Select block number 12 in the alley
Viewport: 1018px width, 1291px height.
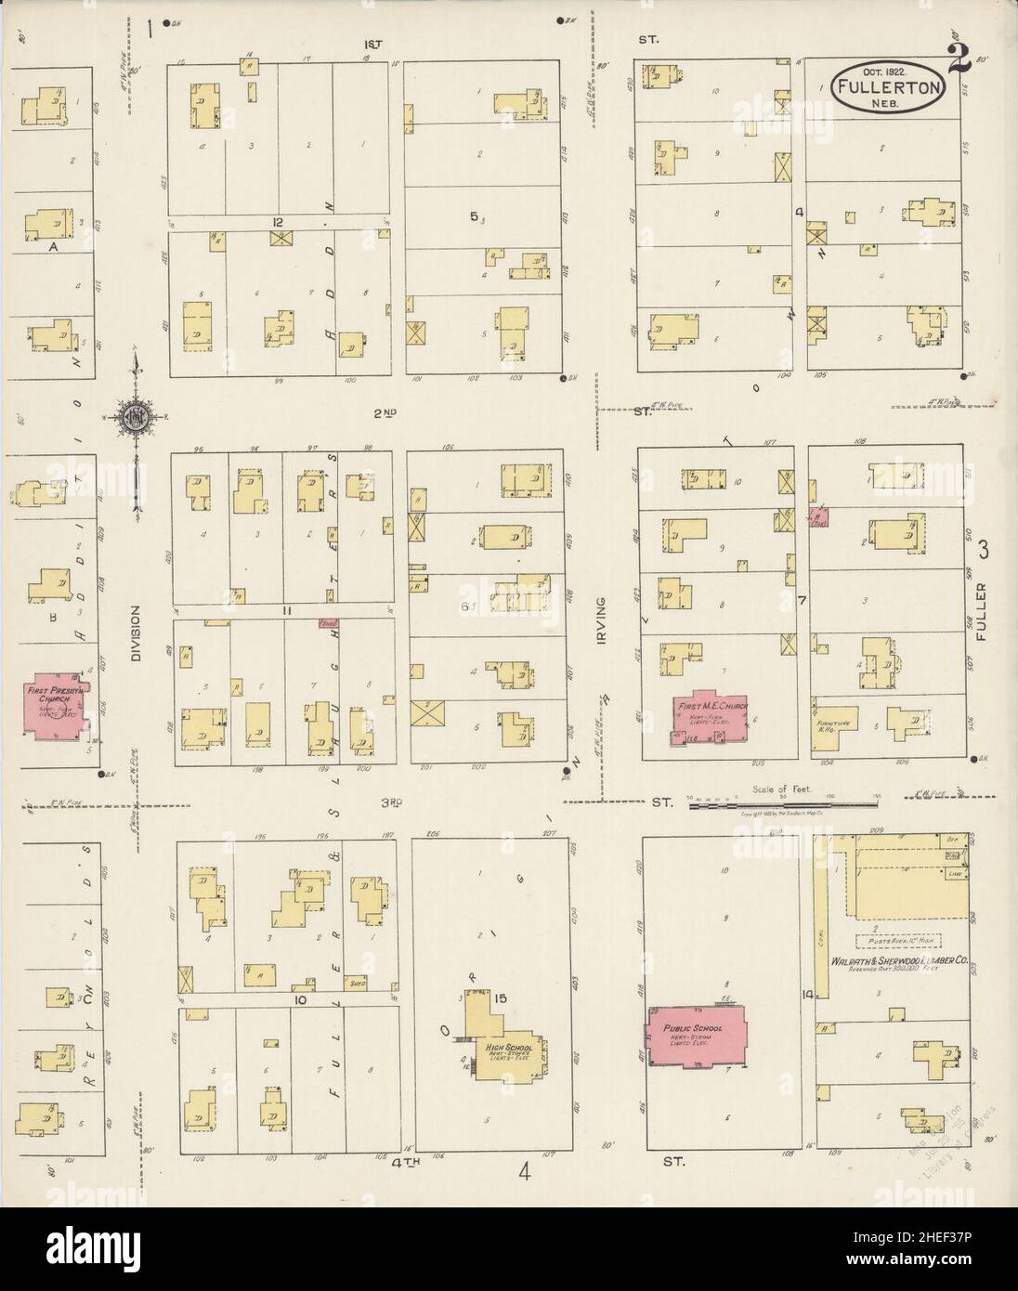[x=277, y=222]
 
